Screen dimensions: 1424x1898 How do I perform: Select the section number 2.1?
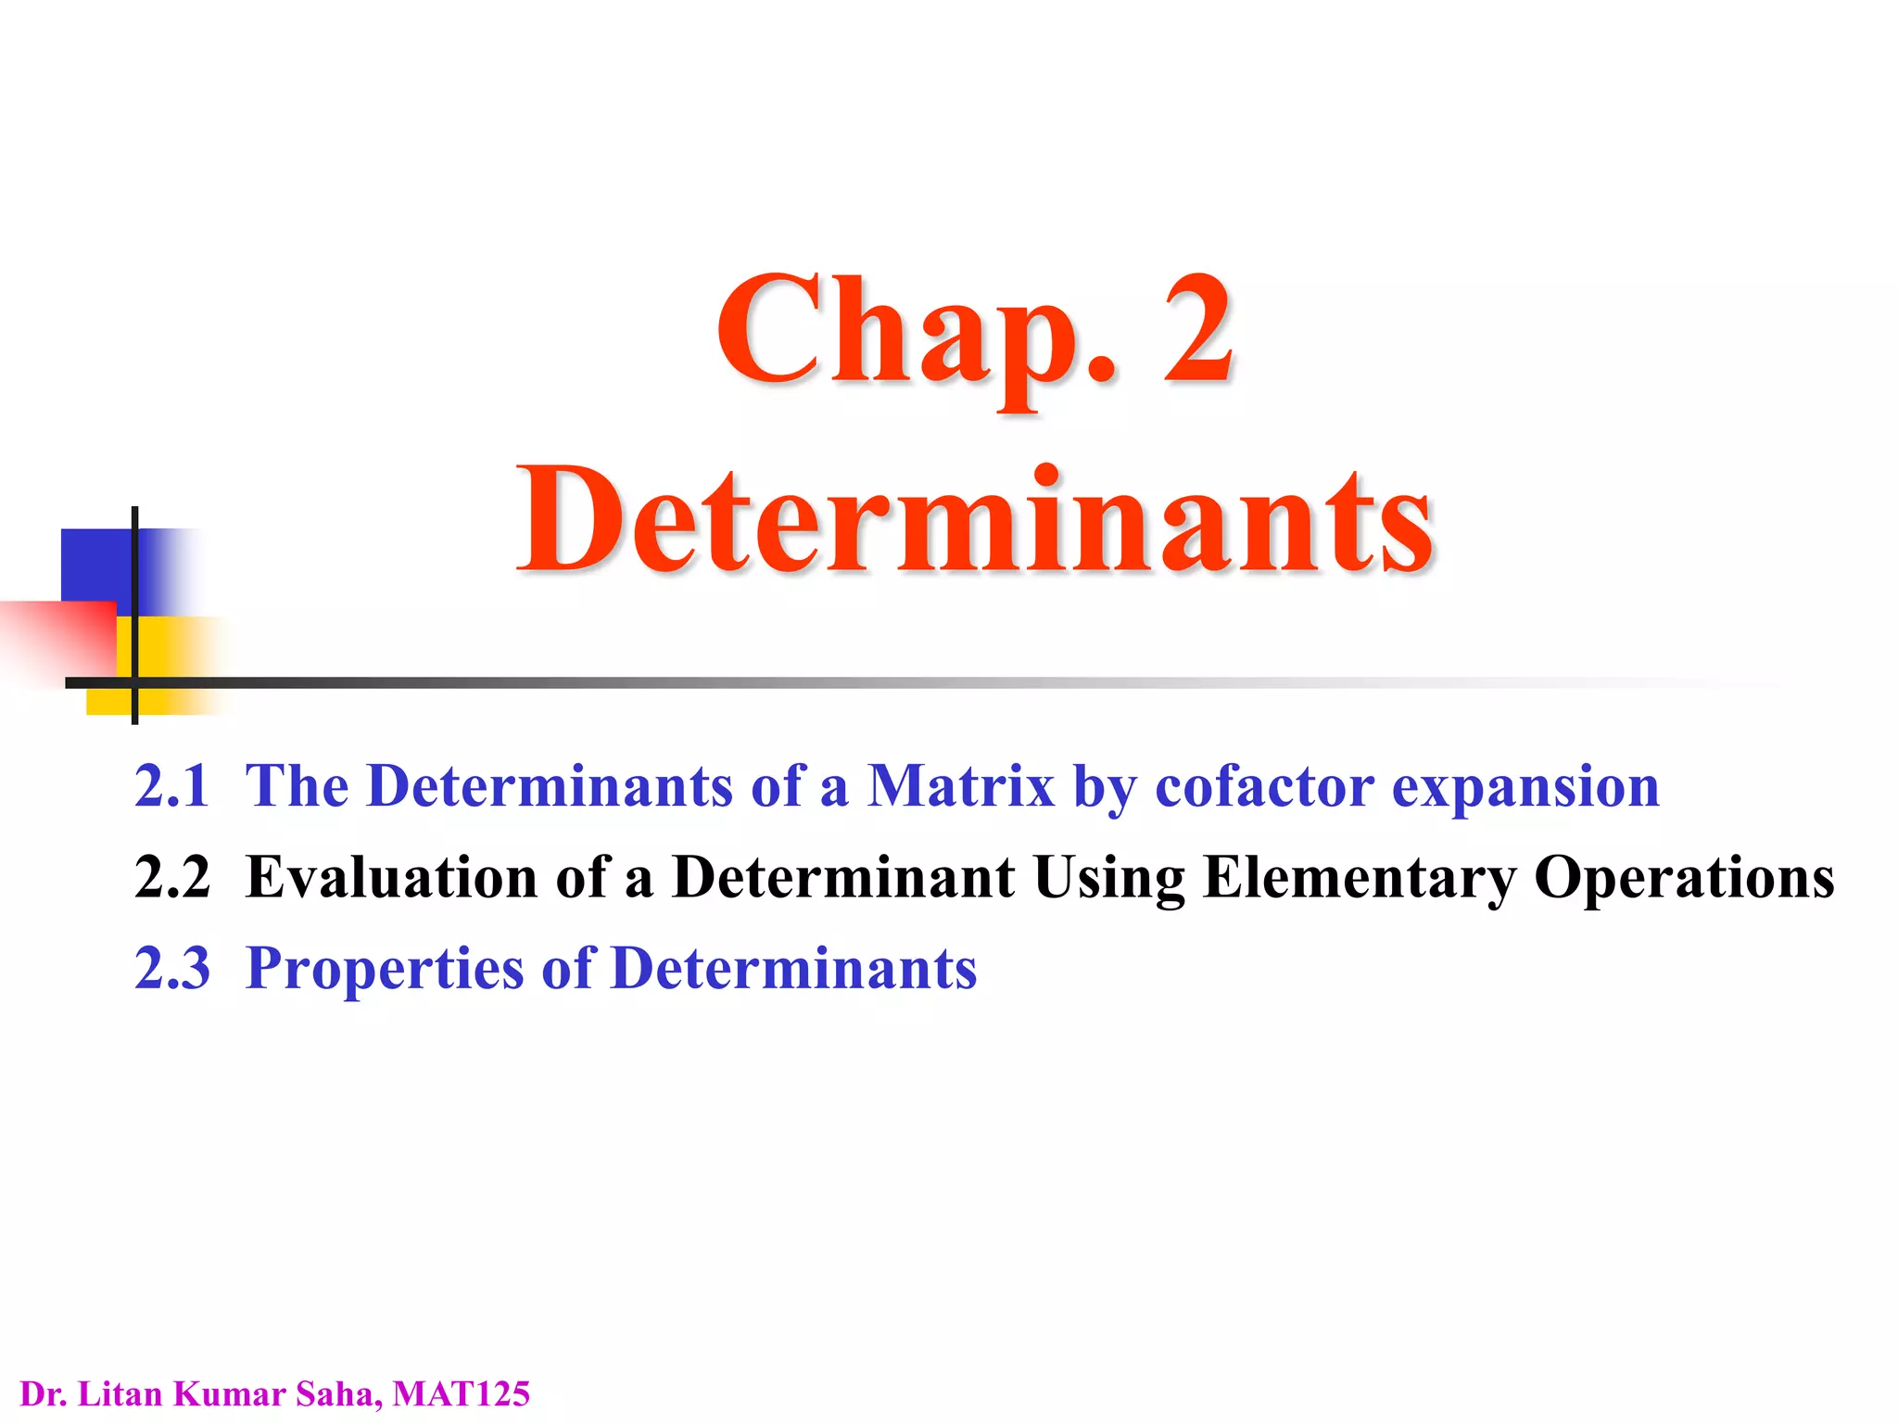(171, 785)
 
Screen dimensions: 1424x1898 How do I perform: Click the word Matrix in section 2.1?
(960, 785)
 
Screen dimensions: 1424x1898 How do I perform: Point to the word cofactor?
(1264, 786)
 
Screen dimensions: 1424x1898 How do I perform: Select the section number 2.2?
(171, 876)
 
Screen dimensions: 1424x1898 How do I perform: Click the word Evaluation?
(391, 876)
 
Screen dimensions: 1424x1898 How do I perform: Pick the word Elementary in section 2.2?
(1359, 878)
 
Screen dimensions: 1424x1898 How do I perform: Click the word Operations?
(1684, 878)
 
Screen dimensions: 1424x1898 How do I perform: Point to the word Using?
(1108, 878)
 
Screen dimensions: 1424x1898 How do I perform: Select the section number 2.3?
(171, 967)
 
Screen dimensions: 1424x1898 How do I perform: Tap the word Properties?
(385, 969)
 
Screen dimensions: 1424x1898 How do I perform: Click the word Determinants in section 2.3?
(793, 967)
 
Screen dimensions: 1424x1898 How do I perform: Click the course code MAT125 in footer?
(461, 1393)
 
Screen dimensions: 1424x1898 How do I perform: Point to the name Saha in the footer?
(334, 1393)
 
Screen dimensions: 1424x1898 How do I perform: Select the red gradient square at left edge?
(56, 640)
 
